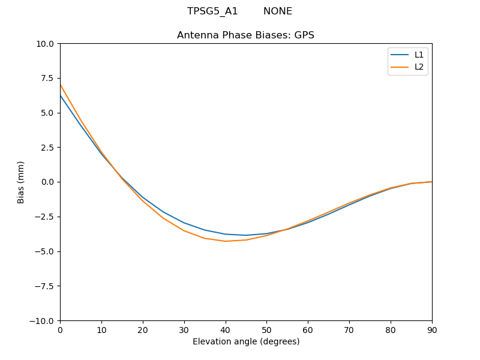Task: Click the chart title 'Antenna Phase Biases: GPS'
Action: pos(245,35)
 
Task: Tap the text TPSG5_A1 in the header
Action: pos(212,11)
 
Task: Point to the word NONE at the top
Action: pos(278,11)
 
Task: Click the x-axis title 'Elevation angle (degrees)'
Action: pos(246,342)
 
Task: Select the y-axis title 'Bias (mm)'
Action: pos(21,182)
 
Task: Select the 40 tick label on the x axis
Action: pos(226,330)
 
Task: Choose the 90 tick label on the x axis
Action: pos(432,330)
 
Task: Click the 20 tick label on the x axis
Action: pos(143,330)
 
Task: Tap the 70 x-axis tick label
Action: pos(349,330)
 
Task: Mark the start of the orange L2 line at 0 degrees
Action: pos(61,85)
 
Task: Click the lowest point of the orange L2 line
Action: pos(226,241)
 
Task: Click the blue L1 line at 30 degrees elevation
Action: pos(184,223)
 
